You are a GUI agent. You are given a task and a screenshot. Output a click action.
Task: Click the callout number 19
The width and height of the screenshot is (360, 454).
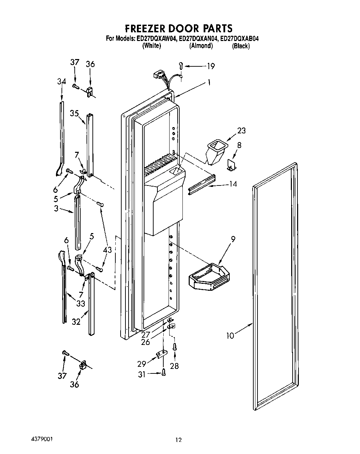click(x=211, y=66)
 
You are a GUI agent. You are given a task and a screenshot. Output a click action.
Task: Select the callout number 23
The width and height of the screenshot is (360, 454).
click(x=241, y=130)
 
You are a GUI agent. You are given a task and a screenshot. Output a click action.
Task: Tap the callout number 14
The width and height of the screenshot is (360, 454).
click(x=233, y=184)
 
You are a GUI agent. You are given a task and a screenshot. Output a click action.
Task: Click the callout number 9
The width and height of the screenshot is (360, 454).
click(x=233, y=239)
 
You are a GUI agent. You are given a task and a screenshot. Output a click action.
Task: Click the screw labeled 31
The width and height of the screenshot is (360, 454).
click(x=163, y=372)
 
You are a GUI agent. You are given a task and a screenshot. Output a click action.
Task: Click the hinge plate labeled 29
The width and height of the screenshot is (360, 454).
click(x=161, y=355)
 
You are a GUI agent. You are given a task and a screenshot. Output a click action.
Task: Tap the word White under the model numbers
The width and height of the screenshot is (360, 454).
click(x=152, y=46)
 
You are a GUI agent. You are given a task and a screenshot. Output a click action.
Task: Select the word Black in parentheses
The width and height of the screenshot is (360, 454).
click(x=240, y=46)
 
